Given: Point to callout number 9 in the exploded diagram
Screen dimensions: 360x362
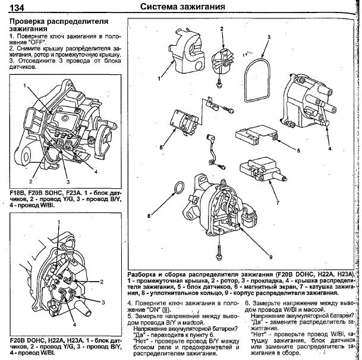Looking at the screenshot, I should click(x=270, y=257).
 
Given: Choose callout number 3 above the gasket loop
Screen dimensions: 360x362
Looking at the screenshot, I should click(x=269, y=37).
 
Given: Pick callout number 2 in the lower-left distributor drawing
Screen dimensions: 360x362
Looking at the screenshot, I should click(x=102, y=280).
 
